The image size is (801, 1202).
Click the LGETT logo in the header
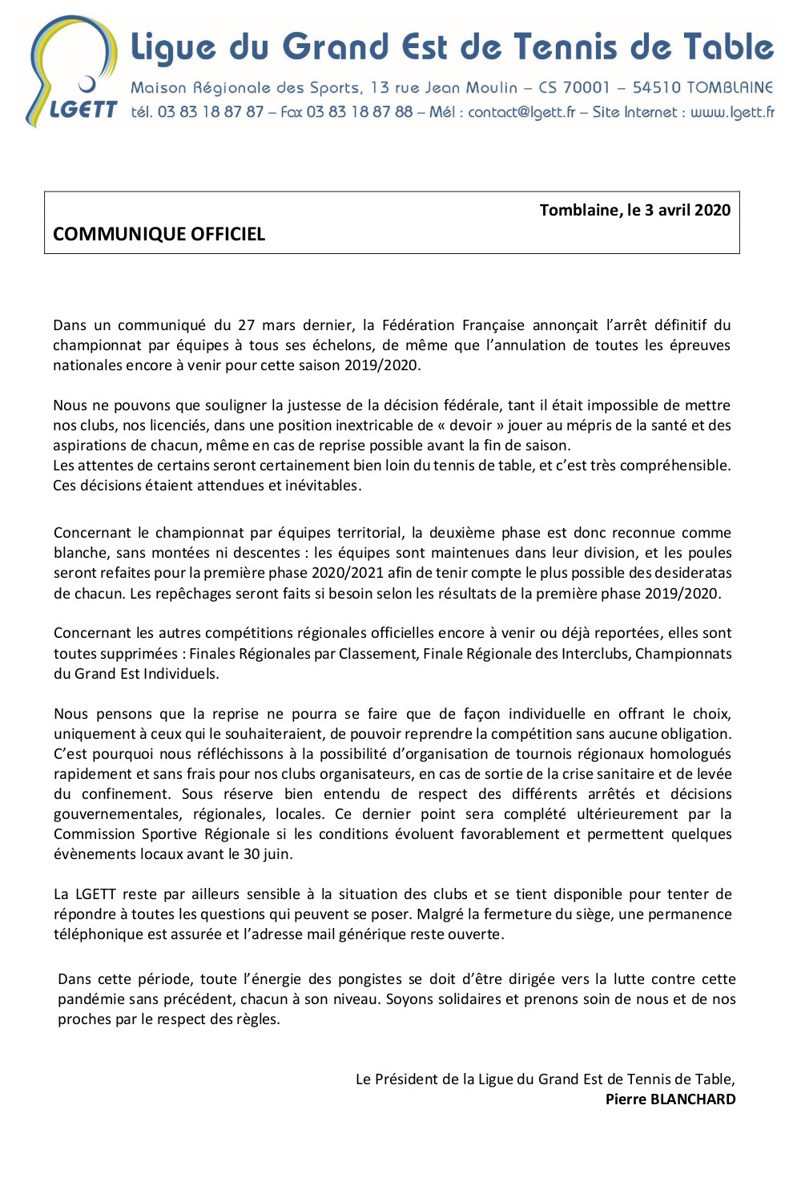[72, 72]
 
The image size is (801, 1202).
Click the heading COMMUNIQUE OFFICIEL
[159, 234]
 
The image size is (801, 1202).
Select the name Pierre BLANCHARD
[670, 1099]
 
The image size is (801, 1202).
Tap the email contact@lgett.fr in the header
[521, 112]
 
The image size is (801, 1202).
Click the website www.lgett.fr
[732, 112]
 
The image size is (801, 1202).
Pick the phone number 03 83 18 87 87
[211, 112]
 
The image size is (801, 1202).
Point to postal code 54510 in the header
[656, 87]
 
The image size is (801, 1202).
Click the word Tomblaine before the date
[579, 210]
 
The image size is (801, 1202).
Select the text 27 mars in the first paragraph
[267, 325]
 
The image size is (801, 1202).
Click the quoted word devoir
[470, 426]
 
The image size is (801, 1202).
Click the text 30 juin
[268, 854]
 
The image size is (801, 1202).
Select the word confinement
[123, 794]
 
